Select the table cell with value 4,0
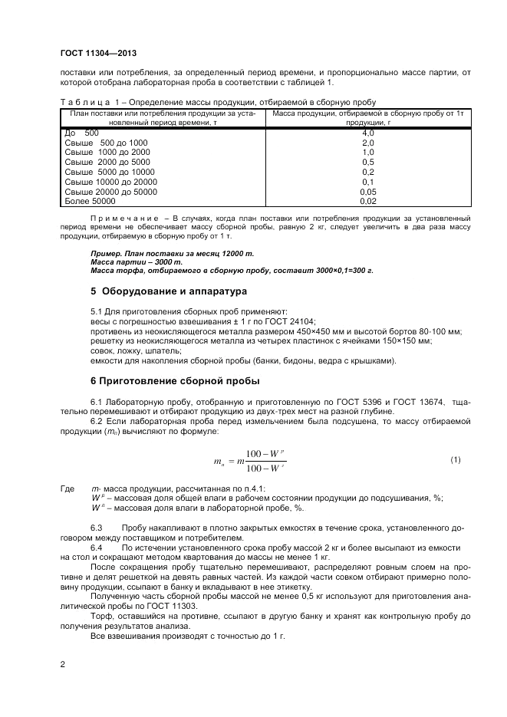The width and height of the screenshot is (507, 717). (367, 133)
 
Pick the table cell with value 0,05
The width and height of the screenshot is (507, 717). (367, 192)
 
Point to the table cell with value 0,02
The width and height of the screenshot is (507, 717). (367, 201)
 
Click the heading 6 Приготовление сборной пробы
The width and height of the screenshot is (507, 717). (175, 380)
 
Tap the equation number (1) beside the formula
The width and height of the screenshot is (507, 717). (455, 459)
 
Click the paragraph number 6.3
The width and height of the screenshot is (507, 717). (97, 529)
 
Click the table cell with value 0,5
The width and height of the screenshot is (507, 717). (367, 163)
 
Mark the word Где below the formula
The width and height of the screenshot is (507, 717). (67, 488)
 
